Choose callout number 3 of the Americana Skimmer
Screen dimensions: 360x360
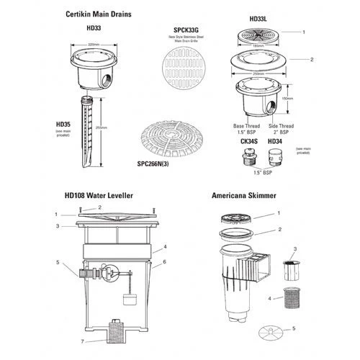point(294,247)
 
